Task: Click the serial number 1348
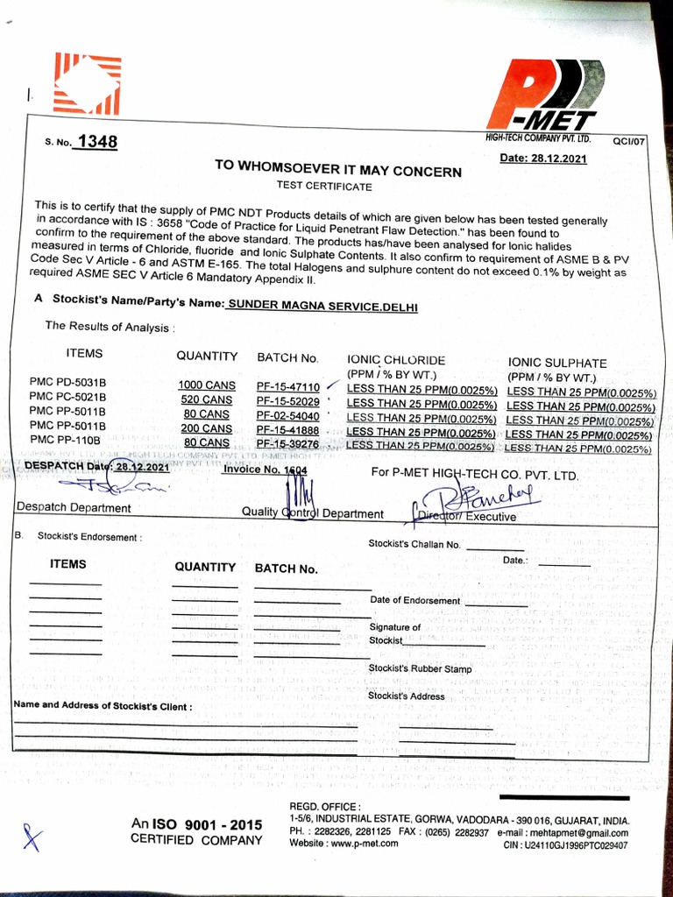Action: [96, 142]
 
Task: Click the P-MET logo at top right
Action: [552, 96]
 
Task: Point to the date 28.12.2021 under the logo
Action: [542, 159]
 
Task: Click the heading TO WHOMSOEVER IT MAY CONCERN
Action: [338, 171]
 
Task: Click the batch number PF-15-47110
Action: [287, 386]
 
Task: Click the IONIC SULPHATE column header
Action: [556, 362]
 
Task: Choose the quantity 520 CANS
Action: [206, 400]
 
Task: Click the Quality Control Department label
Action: [313, 513]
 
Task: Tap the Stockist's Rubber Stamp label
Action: [420, 669]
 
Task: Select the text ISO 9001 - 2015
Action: [207, 824]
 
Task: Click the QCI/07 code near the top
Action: [628, 140]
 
